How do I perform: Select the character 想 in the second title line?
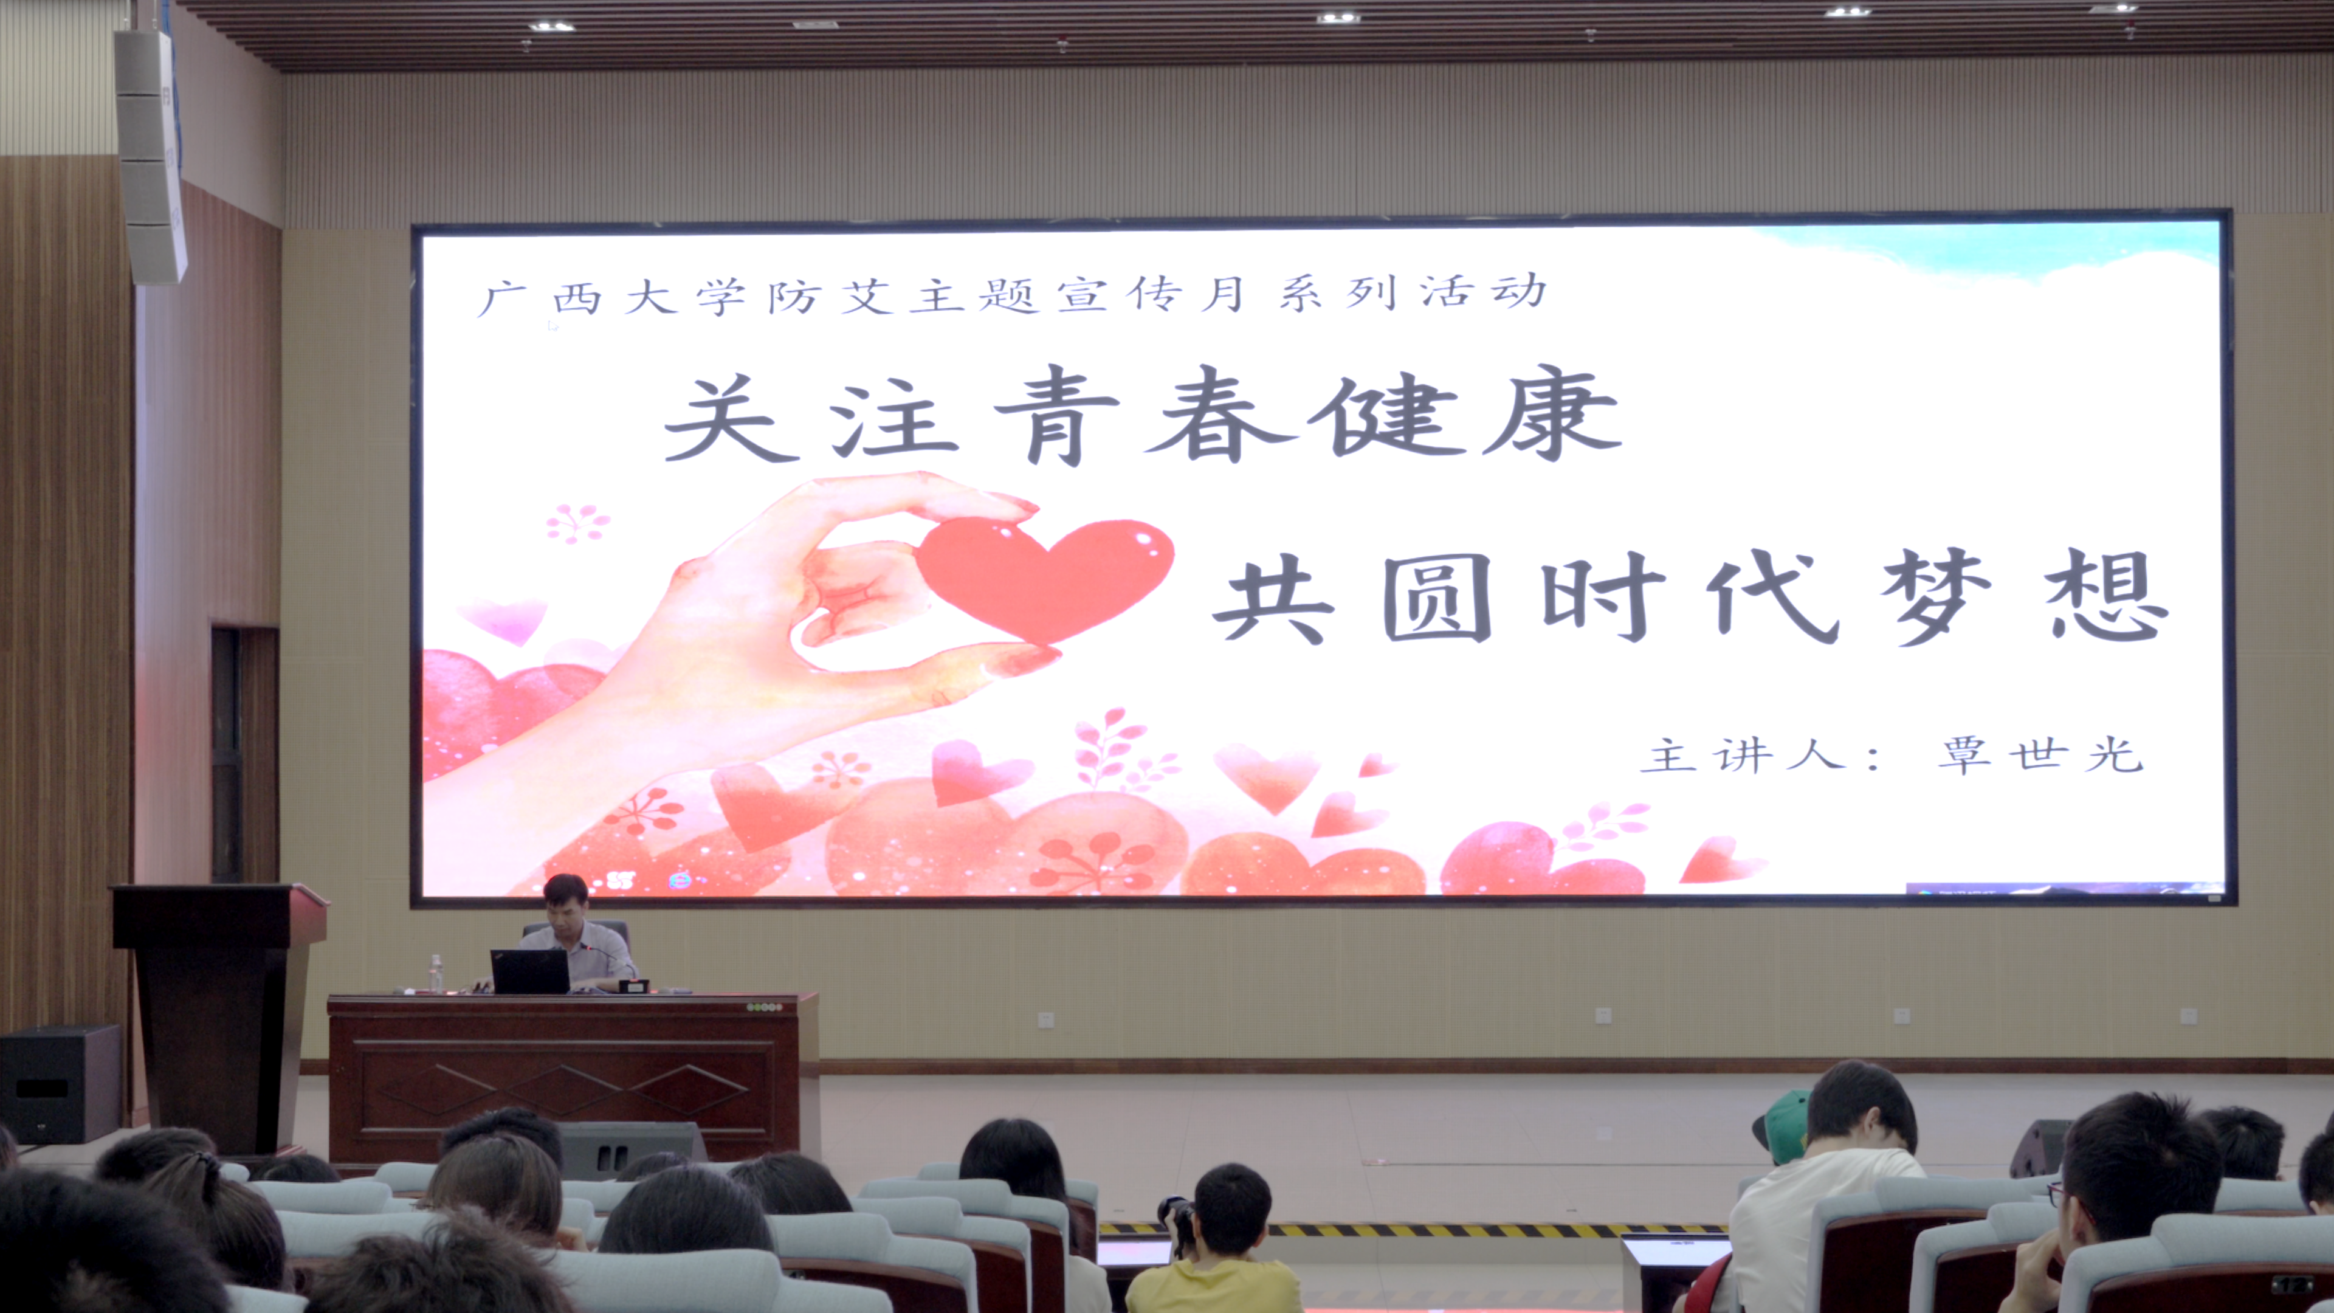coord(2107,595)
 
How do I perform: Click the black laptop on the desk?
coord(530,971)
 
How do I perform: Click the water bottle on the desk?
coord(436,973)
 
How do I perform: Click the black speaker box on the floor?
coord(60,1084)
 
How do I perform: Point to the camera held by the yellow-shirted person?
coord(1176,1223)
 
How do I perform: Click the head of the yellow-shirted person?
coord(1232,1210)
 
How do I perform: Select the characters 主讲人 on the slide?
coord(1743,755)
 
